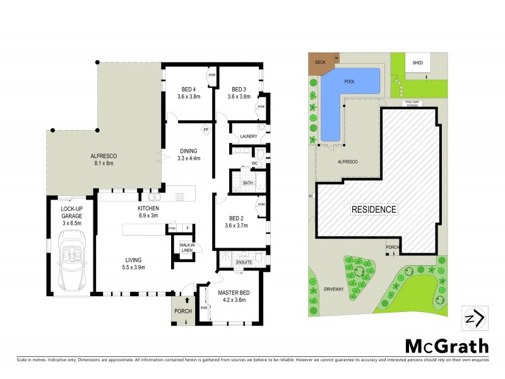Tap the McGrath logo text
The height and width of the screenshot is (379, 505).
tap(446, 346)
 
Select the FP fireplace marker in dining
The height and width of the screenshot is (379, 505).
tap(206, 131)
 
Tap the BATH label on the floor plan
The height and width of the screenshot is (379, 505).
tap(247, 183)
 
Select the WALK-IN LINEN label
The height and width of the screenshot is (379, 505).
tap(186, 248)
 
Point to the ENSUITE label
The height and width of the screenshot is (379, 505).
tap(244, 262)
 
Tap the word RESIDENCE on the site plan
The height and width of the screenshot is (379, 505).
tap(374, 210)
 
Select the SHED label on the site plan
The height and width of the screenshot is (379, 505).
tap(417, 63)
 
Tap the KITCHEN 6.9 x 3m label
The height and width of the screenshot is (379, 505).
tap(148, 212)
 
